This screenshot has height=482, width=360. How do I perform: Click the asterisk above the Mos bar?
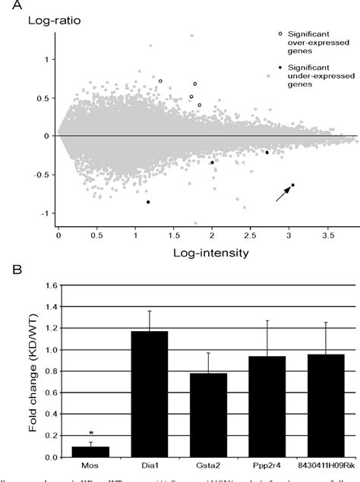(90, 435)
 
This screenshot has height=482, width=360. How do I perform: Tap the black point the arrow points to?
(293, 184)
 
